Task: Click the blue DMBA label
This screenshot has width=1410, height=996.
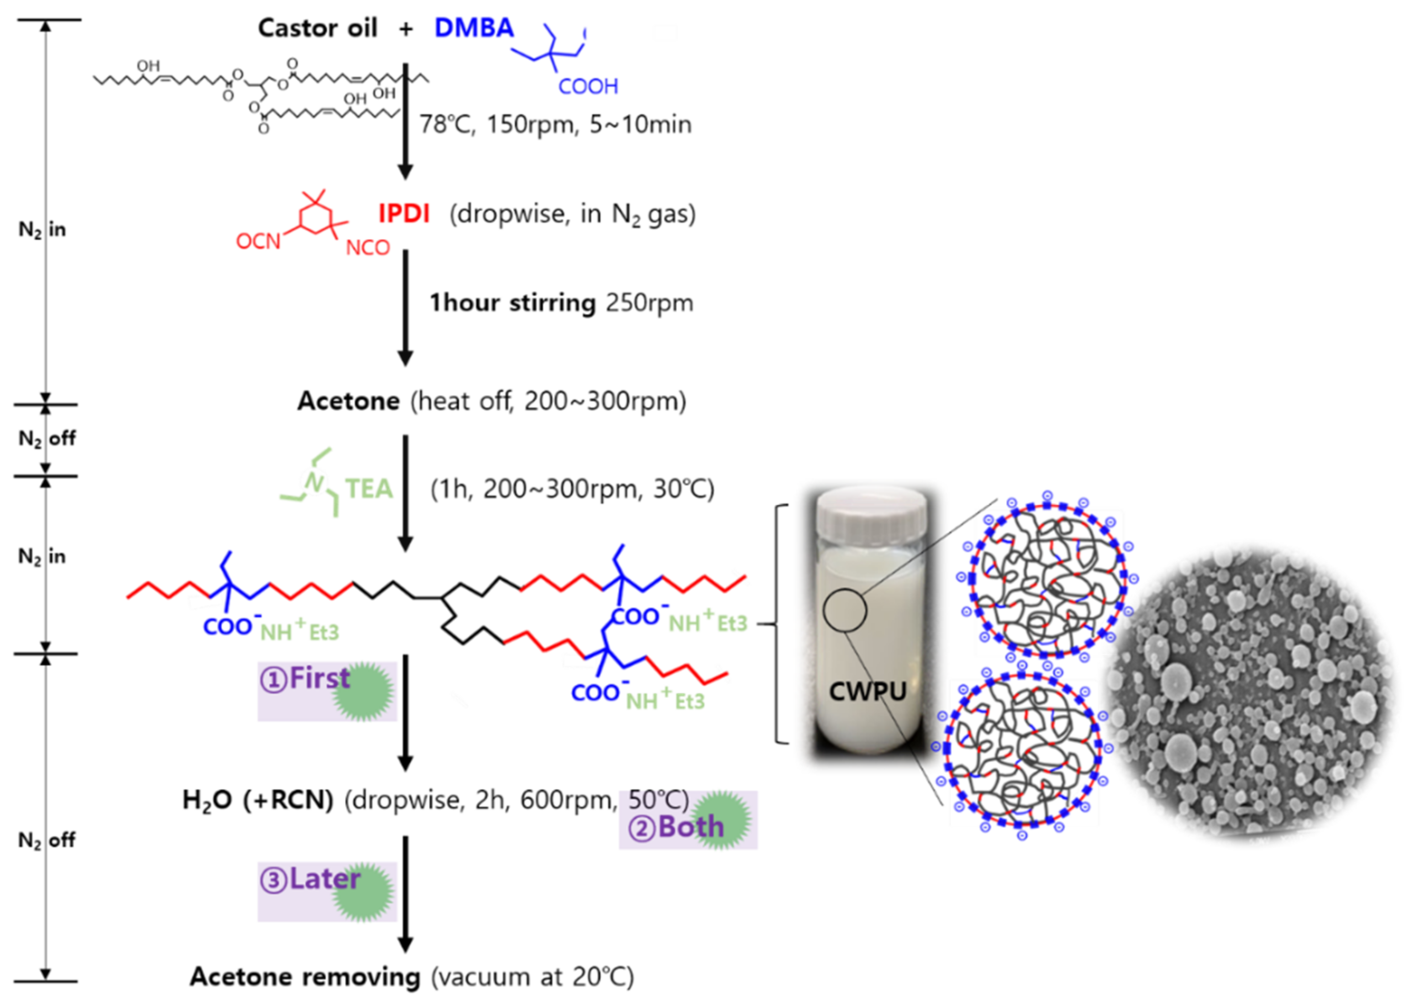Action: (x=474, y=28)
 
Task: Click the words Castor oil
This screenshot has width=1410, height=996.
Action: (x=317, y=28)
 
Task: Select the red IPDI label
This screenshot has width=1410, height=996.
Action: (x=404, y=214)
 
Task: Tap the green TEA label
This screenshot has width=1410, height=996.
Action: (x=369, y=489)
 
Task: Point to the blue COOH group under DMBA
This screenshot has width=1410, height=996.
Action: (x=588, y=87)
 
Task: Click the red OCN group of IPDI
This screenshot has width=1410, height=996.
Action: (x=258, y=242)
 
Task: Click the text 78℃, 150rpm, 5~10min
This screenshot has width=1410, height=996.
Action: (x=555, y=125)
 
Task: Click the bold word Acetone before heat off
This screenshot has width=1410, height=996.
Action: (x=348, y=401)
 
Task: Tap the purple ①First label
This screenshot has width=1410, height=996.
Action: (x=305, y=679)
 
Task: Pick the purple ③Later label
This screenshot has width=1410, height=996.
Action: (x=310, y=879)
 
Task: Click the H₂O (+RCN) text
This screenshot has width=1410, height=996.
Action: (x=258, y=800)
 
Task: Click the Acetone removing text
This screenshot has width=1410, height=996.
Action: (x=305, y=976)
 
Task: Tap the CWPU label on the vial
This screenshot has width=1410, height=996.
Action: (x=867, y=692)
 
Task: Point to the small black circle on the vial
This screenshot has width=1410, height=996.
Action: (x=845, y=610)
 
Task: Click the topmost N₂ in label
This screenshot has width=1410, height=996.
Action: (x=42, y=230)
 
